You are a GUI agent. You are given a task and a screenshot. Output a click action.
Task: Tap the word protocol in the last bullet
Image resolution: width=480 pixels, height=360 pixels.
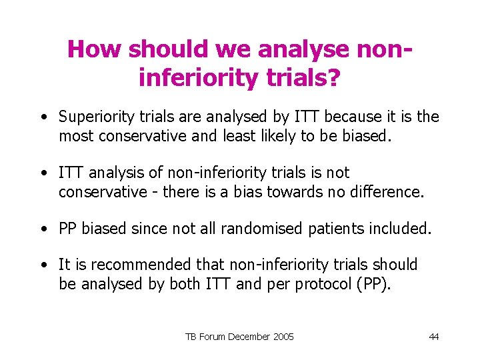[x=319, y=284]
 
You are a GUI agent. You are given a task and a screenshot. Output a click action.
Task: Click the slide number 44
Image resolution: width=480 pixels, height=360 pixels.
[x=434, y=337]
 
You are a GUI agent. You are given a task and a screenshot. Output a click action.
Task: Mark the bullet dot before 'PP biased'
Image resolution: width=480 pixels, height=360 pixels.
[x=43, y=229]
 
